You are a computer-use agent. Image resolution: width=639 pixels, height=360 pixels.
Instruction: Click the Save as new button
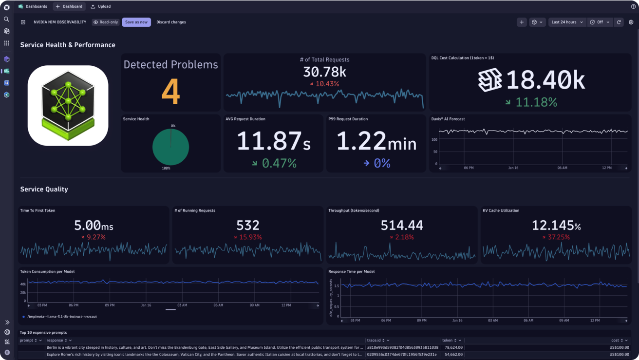pos(136,22)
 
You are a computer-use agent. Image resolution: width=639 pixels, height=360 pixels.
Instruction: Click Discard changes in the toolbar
pos(171,22)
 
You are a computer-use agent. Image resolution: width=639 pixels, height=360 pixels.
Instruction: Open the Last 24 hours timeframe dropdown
pos(567,22)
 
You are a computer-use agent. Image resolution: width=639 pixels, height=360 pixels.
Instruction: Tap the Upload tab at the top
pos(101,6)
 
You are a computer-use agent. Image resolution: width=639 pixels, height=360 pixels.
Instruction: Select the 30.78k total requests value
pos(324,72)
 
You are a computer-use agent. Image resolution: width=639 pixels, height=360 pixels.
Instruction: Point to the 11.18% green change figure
pos(536,102)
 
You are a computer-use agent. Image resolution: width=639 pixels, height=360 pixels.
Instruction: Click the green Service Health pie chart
pos(170,147)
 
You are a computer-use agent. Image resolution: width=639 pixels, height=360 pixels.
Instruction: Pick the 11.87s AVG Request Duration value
pos(273,142)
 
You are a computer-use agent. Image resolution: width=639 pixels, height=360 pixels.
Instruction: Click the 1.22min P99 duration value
pos(376,142)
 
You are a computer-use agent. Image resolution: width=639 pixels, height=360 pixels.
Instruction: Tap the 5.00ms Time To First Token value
pos(94,226)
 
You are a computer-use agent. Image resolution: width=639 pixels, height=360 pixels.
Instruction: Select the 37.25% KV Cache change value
pos(558,237)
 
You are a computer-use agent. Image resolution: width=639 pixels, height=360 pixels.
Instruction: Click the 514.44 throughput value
pos(401,226)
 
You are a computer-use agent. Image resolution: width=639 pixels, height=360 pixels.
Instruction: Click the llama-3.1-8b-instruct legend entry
pos(61,317)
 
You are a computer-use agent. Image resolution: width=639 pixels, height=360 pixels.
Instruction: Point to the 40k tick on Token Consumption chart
pos(23,284)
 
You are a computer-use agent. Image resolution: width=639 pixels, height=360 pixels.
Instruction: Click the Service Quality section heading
pos(44,189)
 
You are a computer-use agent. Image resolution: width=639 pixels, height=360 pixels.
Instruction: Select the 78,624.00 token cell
pos(453,347)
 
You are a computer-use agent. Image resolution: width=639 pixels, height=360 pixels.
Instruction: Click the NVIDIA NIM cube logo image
pos(68,106)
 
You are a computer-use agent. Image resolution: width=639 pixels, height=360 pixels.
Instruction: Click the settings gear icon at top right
pos(631,22)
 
